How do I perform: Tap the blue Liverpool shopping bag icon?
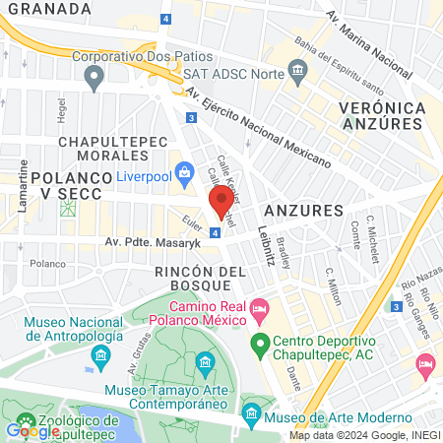coord(184,175)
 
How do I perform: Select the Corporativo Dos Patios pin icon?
coord(95,76)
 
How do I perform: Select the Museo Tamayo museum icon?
coord(205,366)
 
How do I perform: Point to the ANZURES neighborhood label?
coord(303,211)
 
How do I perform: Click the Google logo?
coord(32,430)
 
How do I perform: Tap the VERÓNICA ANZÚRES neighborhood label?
coord(382,114)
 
